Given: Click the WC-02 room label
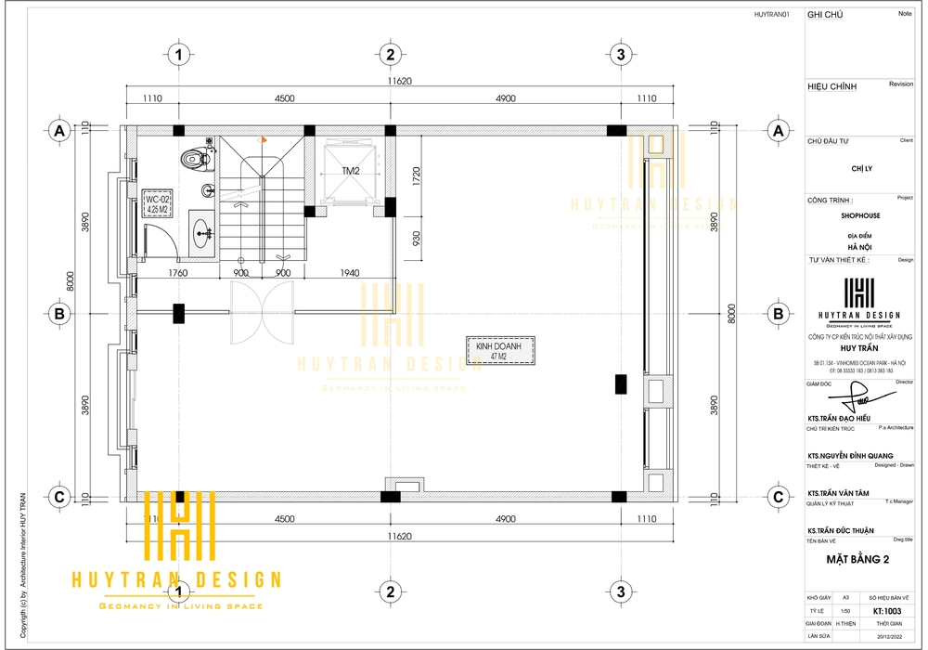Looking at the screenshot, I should [x=156, y=204].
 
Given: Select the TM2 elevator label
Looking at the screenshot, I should [x=351, y=171].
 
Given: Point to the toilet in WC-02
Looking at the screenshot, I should [x=195, y=159].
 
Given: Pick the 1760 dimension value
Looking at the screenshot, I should [x=178, y=273].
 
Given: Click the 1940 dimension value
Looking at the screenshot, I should [x=350, y=273].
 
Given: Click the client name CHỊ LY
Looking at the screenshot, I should [x=861, y=169].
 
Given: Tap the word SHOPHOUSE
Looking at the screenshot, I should [x=860, y=215].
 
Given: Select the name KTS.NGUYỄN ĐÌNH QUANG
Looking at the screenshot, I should [x=850, y=456].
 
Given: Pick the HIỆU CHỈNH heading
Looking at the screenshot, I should [x=831, y=86].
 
